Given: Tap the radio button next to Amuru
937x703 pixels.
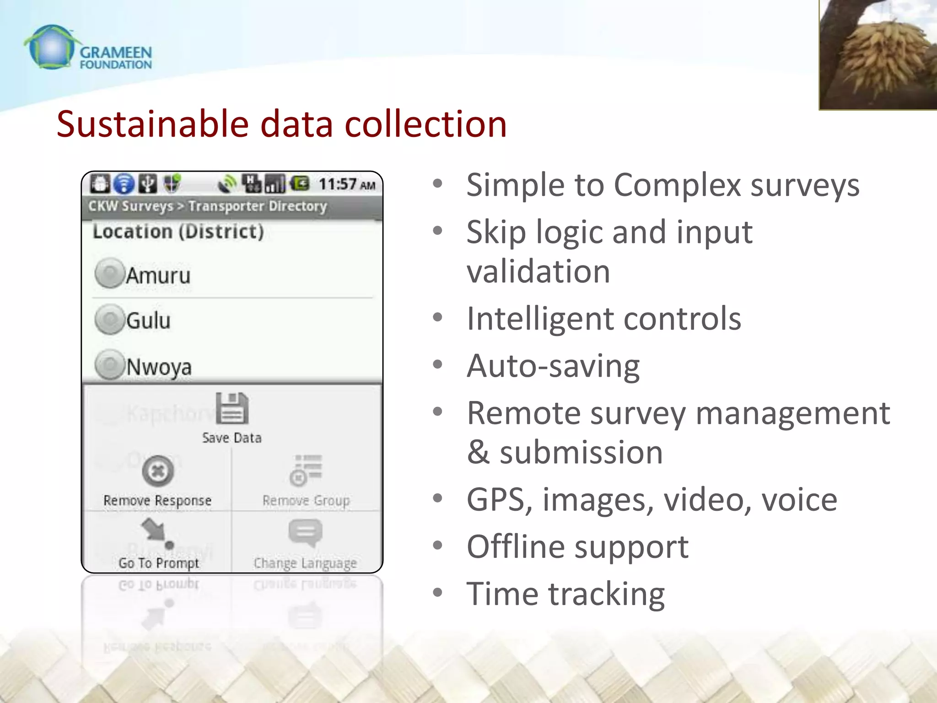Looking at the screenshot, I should click(109, 274).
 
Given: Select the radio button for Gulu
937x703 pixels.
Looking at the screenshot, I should click(109, 319).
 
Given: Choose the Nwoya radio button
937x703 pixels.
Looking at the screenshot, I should click(109, 365).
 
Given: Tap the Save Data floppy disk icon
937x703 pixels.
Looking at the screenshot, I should click(232, 409).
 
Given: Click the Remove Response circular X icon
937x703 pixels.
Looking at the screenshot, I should click(158, 471).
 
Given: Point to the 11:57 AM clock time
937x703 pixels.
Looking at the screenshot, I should click(347, 184).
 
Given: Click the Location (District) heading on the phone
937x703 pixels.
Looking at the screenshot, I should click(178, 232).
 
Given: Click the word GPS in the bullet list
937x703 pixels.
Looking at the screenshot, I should click(499, 500).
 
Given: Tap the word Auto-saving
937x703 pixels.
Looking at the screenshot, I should click(553, 367).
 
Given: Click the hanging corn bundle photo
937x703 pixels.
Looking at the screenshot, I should click(878, 55).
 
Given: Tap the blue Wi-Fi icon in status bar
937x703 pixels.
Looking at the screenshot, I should click(124, 184).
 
